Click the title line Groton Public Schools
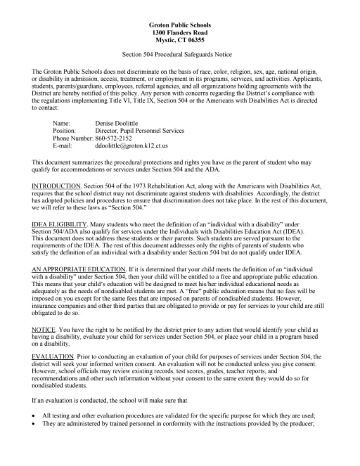pyautogui.click(x=180, y=25)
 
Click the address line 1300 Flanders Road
pyautogui.click(x=180, y=33)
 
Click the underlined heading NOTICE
pyautogui.click(x=44, y=330)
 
